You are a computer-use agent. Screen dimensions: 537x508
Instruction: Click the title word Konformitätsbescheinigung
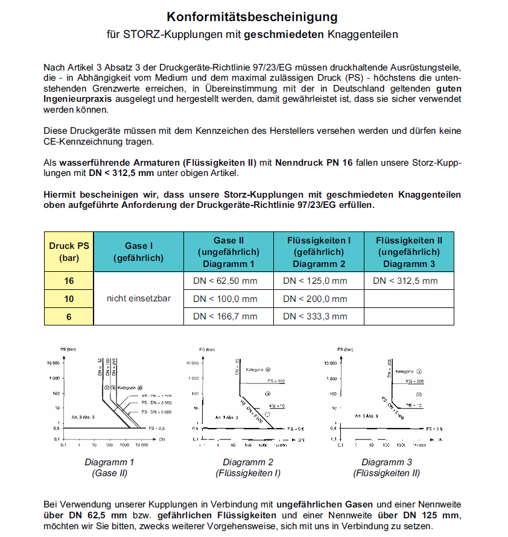(252, 16)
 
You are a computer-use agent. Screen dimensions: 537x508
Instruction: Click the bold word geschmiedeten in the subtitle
(284, 35)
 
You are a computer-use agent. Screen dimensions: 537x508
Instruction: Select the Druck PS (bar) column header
(69, 252)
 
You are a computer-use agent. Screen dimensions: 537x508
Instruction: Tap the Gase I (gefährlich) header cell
(139, 252)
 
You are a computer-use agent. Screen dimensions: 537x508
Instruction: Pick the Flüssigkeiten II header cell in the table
(409, 252)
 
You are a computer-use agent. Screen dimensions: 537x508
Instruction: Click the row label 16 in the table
(69, 281)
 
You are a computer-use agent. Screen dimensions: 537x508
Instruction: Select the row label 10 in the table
(69, 298)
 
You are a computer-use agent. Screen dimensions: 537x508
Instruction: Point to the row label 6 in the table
(69, 316)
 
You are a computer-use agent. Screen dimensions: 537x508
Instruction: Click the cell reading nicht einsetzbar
(139, 298)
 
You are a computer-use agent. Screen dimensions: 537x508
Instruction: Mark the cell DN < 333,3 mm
(315, 316)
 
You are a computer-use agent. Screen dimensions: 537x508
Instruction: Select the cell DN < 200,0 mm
(315, 298)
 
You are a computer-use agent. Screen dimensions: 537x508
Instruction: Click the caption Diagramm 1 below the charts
(109, 462)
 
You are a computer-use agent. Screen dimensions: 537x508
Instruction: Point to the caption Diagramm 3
(386, 462)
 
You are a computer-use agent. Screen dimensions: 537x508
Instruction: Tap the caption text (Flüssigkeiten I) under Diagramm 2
(248, 473)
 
